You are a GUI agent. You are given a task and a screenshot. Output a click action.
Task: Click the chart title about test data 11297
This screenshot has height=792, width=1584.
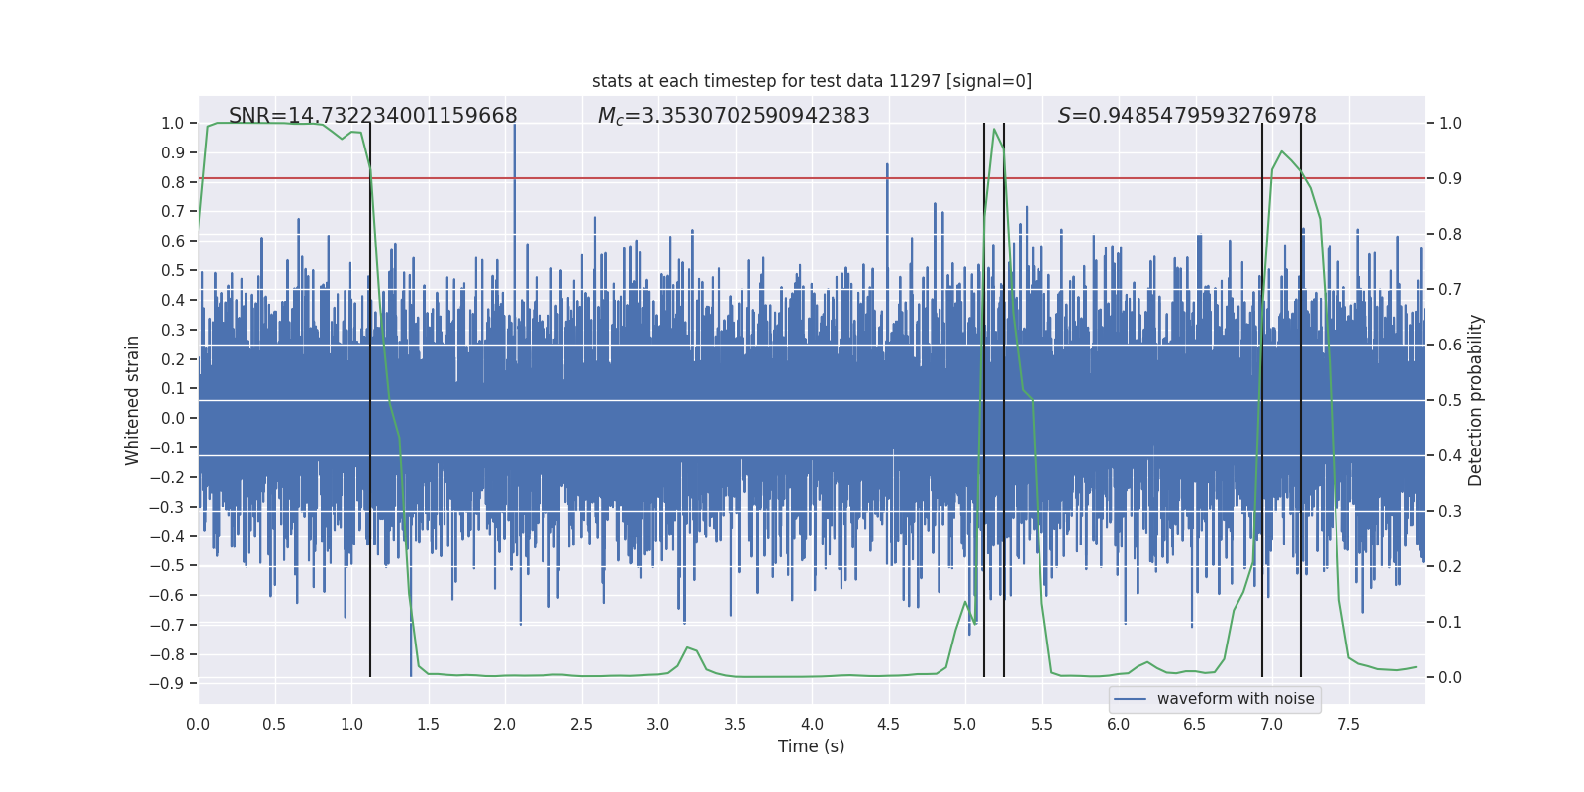(812, 81)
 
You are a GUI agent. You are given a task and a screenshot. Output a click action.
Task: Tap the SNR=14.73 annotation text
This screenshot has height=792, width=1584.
(372, 116)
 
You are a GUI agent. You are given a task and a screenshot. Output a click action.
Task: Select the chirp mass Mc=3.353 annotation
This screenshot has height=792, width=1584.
(734, 116)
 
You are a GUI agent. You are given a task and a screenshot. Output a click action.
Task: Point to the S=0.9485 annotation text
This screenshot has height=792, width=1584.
(1187, 116)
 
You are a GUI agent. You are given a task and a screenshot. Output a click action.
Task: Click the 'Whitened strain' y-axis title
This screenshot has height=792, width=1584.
(133, 400)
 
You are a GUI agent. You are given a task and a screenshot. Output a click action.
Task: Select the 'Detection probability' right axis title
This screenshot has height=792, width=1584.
(1476, 400)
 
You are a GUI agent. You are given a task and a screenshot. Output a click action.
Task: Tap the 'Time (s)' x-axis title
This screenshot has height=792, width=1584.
(811, 746)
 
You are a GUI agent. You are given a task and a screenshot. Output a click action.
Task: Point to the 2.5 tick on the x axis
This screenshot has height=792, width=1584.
(581, 724)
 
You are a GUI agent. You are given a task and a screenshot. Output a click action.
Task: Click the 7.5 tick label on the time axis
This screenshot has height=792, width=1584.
(1348, 724)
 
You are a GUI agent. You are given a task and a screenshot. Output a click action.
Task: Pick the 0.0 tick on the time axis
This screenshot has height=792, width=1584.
(198, 724)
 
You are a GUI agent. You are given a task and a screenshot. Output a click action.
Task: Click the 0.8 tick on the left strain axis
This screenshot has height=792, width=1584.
(173, 182)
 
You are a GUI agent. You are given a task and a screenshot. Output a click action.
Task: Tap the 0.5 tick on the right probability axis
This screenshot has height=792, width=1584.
(1450, 401)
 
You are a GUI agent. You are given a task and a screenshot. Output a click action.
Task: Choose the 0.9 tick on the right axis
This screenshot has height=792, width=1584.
(1450, 179)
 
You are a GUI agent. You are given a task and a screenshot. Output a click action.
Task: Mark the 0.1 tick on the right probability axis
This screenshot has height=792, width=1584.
(1450, 623)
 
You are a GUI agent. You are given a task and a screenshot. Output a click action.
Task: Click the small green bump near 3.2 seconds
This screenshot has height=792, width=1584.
(688, 648)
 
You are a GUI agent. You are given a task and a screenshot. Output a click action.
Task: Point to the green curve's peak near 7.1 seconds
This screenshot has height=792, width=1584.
(1282, 152)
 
